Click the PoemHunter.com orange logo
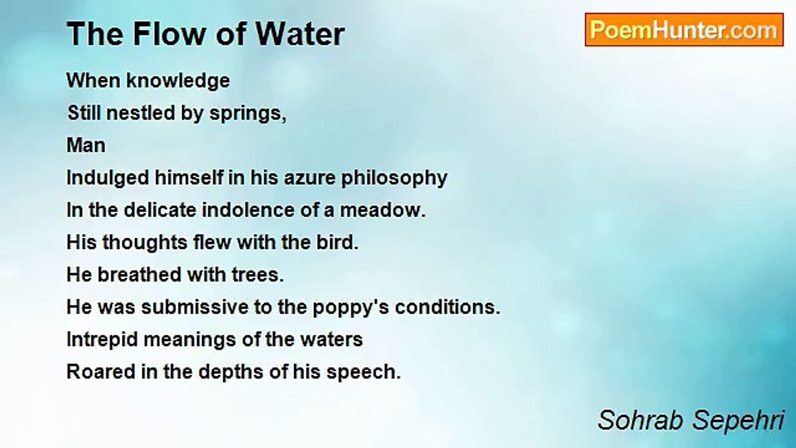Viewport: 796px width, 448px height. tap(684, 30)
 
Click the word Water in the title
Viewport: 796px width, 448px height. tap(300, 34)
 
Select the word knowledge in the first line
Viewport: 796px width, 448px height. tap(178, 81)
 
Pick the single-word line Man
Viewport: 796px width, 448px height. tap(86, 146)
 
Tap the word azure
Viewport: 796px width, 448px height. tap(310, 178)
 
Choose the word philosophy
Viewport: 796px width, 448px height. tap(394, 179)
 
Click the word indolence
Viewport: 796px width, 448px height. tap(248, 210)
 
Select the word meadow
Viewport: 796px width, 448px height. tap(382, 210)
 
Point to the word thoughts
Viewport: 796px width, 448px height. tap(145, 243)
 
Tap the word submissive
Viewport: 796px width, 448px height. tap(195, 307)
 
